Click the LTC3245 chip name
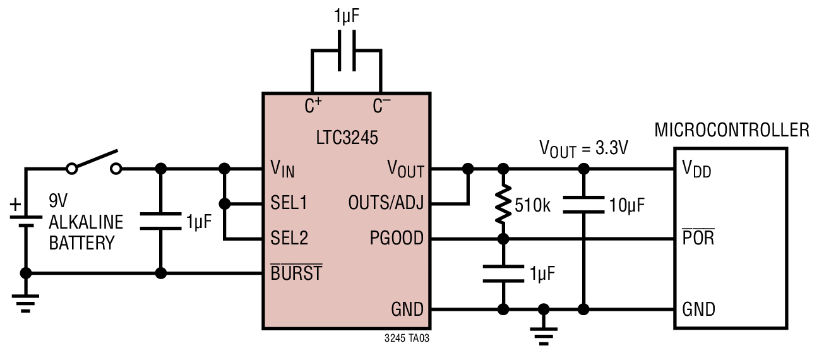tap(347, 138)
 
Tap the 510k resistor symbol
tap(503, 205)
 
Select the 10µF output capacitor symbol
tap(583, 205)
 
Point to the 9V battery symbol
tap(26, 221)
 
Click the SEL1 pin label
tap(289, 203)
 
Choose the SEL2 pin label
tap(289, 238)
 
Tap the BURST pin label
tap(296, 272)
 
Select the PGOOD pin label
tap(397, 238)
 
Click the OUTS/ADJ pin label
tap(386, 203)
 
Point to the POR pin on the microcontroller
tap(698, 237)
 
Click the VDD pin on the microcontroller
tap(696, 169)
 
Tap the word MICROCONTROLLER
tap(732, 130)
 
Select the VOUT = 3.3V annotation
tap(583, 149)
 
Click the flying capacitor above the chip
tap(347, 51)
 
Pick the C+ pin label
tap(313, 105)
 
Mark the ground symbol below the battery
tap(25, 303)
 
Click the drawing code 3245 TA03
tap(407, 339)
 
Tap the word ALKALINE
tap(86, 222)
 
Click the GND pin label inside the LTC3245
tap(407, 309)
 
